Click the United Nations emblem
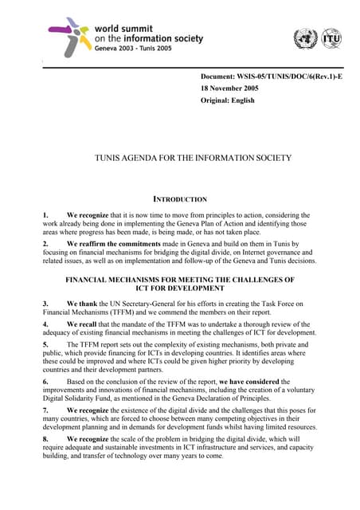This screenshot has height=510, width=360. pos(304,38)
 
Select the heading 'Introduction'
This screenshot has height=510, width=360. pos(180,199)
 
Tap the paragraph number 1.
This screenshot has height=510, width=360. pos(45,215)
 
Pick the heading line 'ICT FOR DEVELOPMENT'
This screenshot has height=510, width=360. pos(180,288)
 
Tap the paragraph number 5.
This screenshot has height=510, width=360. pos(45,344)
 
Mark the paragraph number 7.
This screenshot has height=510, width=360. pos(45,410)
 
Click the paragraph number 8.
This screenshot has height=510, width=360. pos(45,438)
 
